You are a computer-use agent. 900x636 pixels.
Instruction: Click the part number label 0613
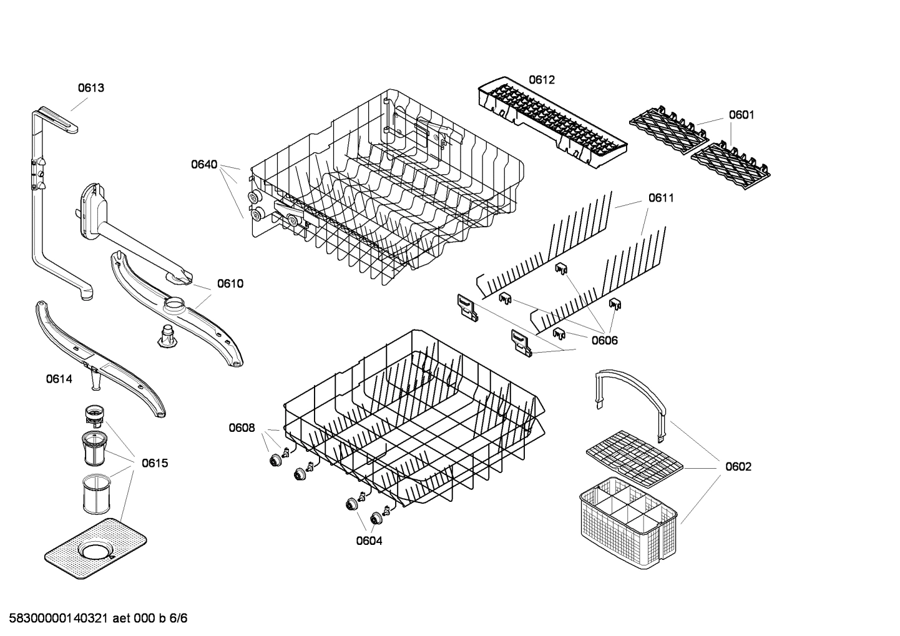point(90,88)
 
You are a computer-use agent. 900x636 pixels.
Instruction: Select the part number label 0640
point(204,165)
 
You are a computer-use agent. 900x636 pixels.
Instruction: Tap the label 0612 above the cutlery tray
point(542,80)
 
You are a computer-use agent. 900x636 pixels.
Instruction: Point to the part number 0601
point(741,115)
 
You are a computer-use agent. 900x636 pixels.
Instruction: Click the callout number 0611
point(661,198)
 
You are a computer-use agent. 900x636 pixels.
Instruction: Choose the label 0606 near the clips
point(604,340)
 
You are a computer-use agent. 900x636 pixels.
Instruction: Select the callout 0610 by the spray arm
point(230,284)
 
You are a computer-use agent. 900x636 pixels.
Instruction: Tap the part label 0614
point(59,379)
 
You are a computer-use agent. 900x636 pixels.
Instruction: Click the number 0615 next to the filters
point(154,463)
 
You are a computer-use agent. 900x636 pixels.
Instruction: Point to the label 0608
point(242,428)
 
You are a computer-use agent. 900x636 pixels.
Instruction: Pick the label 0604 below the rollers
point(369,541)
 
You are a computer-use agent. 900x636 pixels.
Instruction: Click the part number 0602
point(738,466)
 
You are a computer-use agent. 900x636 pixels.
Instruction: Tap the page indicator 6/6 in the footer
point(179,619)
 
